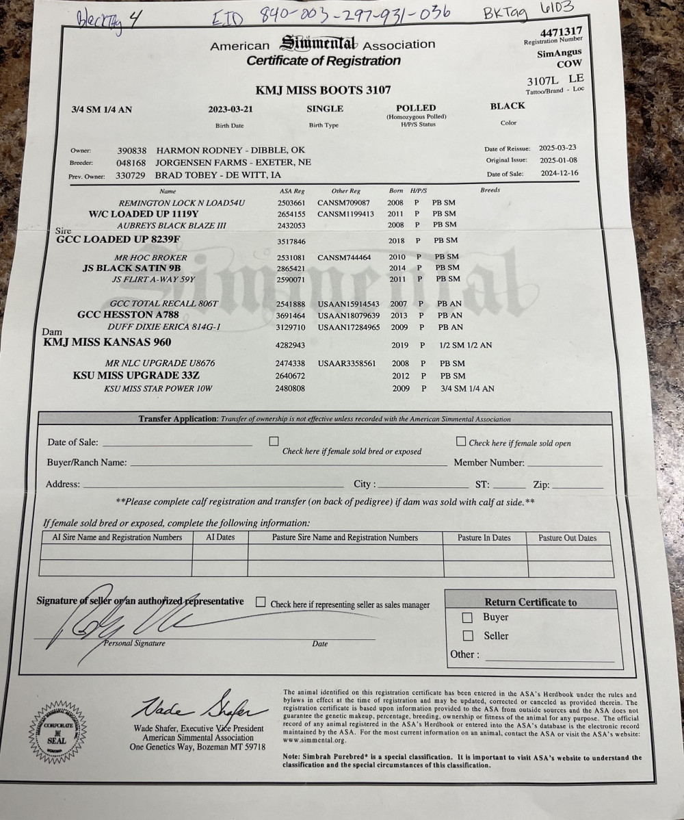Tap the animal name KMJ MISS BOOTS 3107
pyautogui.click(x=323, y=90)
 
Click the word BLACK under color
pyautogui.click(x=508, y=106)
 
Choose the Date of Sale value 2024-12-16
pyautogui.click(x=559, y=174)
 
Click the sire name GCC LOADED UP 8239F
pyautogui.click(x=118, y=240)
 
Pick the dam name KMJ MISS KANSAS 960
pyautogui.click(x=107, y=342)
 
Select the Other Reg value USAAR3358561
pyautogui.click(x=347, y=363)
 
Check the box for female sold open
pyautogui.click(x=461, y=441)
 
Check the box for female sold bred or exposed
pyautogui.click(x=274, y=441)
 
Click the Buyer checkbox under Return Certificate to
pyautogui.click(x=469, y=617)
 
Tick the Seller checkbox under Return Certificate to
pyautogui.click(x=469, y=635)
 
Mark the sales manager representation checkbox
pyautogui.click(x=261, y=602)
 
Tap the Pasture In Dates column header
pyautogui.click(x=485, y=538)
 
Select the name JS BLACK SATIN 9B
pyautogui.click(x=131, y=268)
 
